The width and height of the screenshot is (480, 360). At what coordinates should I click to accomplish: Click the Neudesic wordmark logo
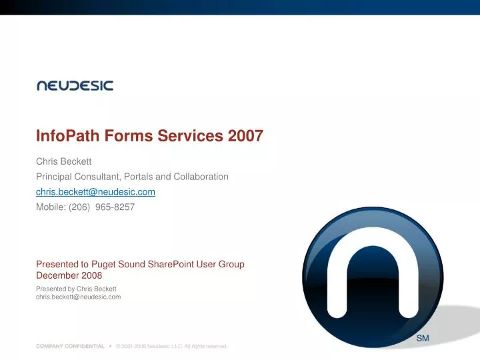pos(75,85)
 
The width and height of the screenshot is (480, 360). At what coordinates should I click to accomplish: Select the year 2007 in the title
pos(245,136)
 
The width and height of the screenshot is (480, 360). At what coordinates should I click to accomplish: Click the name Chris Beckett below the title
pos(63,161)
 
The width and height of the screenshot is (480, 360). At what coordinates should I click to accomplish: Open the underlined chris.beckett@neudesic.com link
pos(95,192)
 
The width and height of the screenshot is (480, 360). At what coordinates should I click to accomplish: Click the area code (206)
pos(80,207)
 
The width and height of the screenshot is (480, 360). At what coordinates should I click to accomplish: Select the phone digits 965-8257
pos(115,207)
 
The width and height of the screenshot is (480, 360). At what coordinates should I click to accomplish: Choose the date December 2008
pos(69,275)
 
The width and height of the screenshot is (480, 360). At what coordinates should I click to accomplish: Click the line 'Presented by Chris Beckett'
pos(76,288)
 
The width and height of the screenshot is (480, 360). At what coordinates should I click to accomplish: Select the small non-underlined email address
pos(78,297)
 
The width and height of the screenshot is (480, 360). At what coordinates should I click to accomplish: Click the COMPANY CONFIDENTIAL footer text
pos(70,347)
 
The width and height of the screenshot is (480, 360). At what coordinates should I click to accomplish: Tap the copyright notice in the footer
pos(171,347)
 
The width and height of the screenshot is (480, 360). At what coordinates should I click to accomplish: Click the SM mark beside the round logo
pos(423,339)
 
